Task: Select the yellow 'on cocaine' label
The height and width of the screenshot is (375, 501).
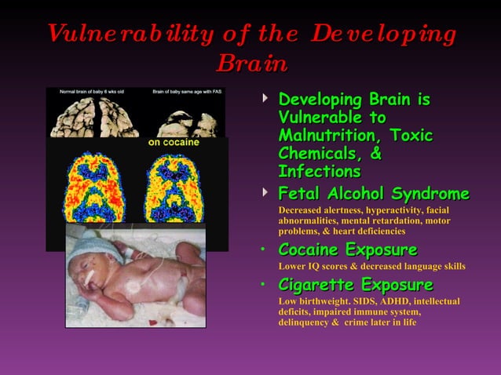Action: click(174, 144)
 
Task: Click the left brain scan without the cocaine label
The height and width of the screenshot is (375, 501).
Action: click(96, 189)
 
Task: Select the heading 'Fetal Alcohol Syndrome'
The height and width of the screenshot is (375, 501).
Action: click(374, 194)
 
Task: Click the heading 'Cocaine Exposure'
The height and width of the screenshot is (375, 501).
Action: click(348, 249)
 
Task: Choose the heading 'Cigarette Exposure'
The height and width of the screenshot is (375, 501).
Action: click(356, 285)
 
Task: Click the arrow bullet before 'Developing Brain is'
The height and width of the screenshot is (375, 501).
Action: click(265, 100)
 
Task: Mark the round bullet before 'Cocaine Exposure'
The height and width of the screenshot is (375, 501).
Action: click(265, 251)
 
